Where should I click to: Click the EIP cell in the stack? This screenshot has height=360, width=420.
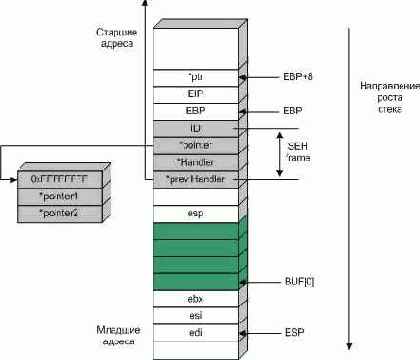(x=194, y=94)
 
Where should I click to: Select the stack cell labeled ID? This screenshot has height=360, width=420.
(x=194, y=128)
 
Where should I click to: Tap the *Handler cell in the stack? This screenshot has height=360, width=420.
(x=194, y=162)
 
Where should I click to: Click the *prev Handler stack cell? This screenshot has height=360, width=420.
(x=194, y=179)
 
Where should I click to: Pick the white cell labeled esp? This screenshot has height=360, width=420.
(x=194, y=213)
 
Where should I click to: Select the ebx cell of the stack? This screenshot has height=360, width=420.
(x=194, y=298)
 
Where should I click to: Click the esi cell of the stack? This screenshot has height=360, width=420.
(x=194, y=315)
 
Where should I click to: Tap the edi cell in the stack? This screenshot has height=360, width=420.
(x=194, y=331)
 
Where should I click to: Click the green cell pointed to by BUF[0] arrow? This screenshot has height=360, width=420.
(x=194, y=281)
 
